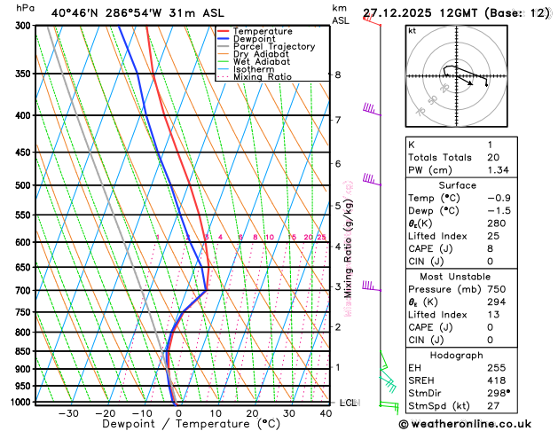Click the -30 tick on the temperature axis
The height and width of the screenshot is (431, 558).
tap(68, 413)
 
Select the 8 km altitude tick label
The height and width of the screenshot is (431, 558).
tap(337, 75)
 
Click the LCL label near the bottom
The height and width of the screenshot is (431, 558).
tap(348, 403)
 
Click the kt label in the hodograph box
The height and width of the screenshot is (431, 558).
tap(412, 30)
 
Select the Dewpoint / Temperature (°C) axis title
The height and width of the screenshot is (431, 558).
tap(178, 425)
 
